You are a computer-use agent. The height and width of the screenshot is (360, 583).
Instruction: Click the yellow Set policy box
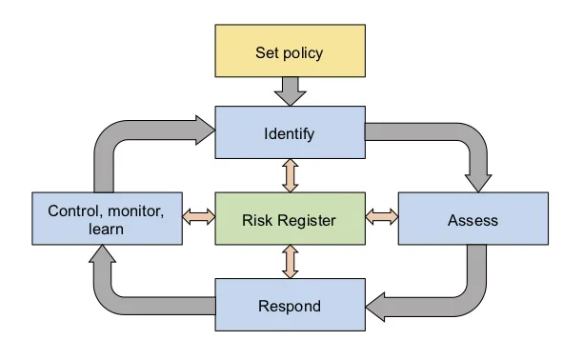click(x=290, y=51)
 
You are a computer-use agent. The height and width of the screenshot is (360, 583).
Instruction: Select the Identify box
click(x=290, y=132)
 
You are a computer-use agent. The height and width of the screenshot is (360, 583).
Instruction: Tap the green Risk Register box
click(x=290, y=219)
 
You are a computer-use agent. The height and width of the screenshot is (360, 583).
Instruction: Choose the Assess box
click(x=472, y=219)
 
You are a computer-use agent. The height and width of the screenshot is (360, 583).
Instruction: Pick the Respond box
click(x=290, y=306)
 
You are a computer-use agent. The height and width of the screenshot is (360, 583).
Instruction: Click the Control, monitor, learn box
click(x=105, y=219)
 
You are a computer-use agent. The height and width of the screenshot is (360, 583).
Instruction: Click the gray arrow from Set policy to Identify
click(x=290, y=91)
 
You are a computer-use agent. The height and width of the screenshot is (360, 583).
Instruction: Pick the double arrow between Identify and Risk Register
click(x=290, y=175)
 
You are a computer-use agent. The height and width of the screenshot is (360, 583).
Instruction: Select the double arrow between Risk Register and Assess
click(x=381, y=217)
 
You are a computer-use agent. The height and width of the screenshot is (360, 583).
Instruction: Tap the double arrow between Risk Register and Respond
click(x=290, y=261)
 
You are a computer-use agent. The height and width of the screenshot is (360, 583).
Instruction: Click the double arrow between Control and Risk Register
click(x=198, y=217)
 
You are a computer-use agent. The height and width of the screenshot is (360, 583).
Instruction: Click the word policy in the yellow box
click(x=305, y=51)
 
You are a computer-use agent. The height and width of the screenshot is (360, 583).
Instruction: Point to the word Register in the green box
click(x=308, y=220)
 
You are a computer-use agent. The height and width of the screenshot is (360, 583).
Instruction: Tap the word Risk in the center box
click(x=258, y=220)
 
